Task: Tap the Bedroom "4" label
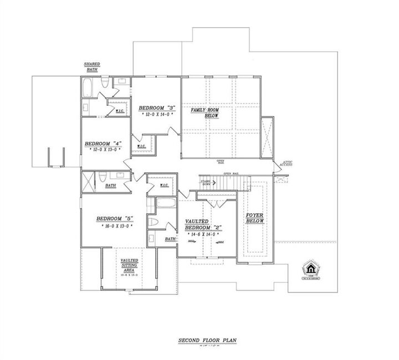click(x=103, y=143)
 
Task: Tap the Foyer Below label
click(x=255, y=218)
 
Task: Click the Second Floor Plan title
click(x=201, y=340)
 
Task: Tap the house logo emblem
click(x=310, y=269)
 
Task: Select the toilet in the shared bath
click(x=105, y=84)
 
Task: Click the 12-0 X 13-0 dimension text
click(x=104, y=150)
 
